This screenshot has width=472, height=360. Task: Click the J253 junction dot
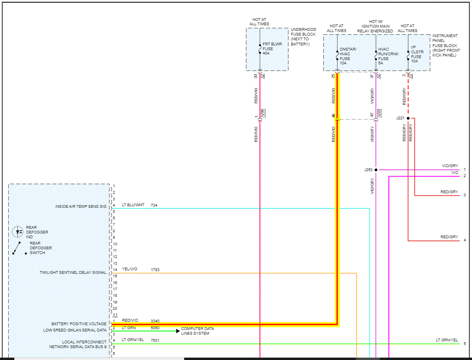[376, 170]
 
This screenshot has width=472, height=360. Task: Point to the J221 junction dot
[408, 118]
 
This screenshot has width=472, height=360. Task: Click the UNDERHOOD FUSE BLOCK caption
[303, 37]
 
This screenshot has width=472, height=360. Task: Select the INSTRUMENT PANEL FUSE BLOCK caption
[445, 45]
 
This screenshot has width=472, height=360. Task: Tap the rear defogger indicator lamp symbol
[17, 232]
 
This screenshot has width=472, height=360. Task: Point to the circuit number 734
[154, 205]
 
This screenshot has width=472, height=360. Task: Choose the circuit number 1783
[155, 270]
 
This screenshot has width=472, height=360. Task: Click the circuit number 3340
[155, 321]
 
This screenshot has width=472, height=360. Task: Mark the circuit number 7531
[155, 340]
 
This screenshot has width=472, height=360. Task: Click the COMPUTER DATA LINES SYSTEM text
[198, 331]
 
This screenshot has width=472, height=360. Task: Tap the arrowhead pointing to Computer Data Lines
[178, 331]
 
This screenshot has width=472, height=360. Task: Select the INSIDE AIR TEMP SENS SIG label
[81, 207]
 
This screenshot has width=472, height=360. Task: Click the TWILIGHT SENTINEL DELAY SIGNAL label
[73, 273]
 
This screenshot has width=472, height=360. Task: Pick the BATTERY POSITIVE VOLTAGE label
[79, 324]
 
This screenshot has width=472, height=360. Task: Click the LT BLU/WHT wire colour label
[133, 205]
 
